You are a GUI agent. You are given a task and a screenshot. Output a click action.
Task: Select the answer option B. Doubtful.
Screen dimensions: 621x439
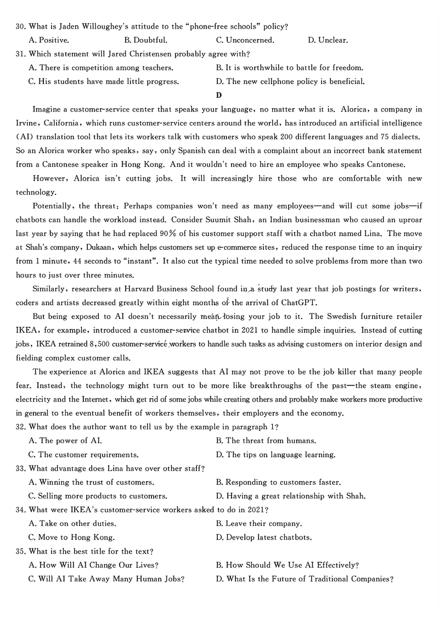(145, 40)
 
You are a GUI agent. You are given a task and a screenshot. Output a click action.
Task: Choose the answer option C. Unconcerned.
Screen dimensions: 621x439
(245, 40)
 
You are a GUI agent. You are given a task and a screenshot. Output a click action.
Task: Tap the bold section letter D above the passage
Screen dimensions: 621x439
(219, 95)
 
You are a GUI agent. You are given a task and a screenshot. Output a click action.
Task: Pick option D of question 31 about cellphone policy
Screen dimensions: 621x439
(290, 82)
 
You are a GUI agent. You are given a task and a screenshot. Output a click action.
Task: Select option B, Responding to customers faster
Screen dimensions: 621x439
(278, 483)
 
